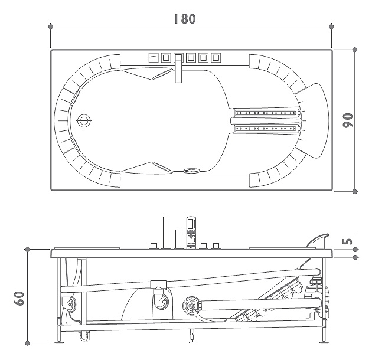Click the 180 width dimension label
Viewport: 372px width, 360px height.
(185, 19)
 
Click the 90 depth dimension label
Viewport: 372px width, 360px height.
(348, 120)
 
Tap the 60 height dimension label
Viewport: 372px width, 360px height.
(18, 298)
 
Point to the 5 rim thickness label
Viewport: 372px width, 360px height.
(348, 241)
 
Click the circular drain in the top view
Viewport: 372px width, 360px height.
(84, 121)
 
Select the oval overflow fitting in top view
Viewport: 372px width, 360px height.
(192, 171)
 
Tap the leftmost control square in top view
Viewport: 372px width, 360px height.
(154, 58)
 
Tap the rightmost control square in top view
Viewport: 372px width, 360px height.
(216, 58)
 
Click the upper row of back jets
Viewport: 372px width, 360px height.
(266, 113)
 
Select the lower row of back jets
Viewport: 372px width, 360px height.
(266, 129)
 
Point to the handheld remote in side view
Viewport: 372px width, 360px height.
(191, 233)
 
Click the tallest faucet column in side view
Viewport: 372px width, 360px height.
(166, 233)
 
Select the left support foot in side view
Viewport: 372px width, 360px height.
(59, 342)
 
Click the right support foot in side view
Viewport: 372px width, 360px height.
(324, 342)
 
